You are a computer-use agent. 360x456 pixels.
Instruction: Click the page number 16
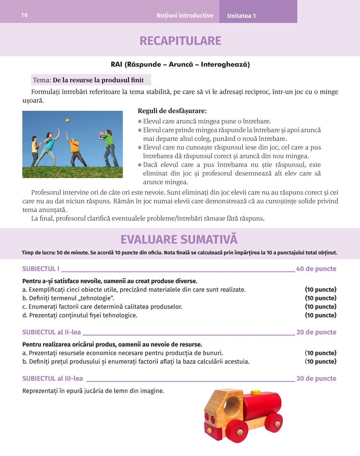pyautogui.click(x=24, y=15)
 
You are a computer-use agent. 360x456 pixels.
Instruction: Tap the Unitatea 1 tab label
pyautogui.click(x=241, y=16)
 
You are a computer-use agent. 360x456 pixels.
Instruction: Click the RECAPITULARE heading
pyautogui.click(x=180, y=41)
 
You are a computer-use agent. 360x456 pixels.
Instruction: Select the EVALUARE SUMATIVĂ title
pyautogui.click(x=179, y=240)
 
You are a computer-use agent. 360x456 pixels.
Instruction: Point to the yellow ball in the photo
pyautogui.click(x=67, y=120)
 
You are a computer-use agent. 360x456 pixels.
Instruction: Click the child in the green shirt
pyautogui.click(x=109, y=147)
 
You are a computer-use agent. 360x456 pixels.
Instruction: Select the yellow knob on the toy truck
pyautogui.click(x=256, y=392)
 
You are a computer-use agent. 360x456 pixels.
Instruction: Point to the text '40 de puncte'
pyautogui.click(x=316, y=269)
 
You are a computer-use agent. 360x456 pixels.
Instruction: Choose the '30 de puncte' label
pyautogui.click(x=316, y=378)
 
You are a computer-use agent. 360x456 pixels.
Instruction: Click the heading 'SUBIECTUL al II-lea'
pyautogui.click(x=51, y=332)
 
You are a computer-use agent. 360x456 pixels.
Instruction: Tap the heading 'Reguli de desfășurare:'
pyautogui.click(x=172, y=111)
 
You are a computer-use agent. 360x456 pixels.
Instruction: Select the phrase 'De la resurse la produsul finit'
pyautogui.click(x=98, y=80)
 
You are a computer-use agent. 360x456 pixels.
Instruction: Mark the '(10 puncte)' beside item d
pyautogui.click(x=320, y=315)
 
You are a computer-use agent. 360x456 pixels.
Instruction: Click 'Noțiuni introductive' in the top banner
pyautogui.click(x=185, y=16)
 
